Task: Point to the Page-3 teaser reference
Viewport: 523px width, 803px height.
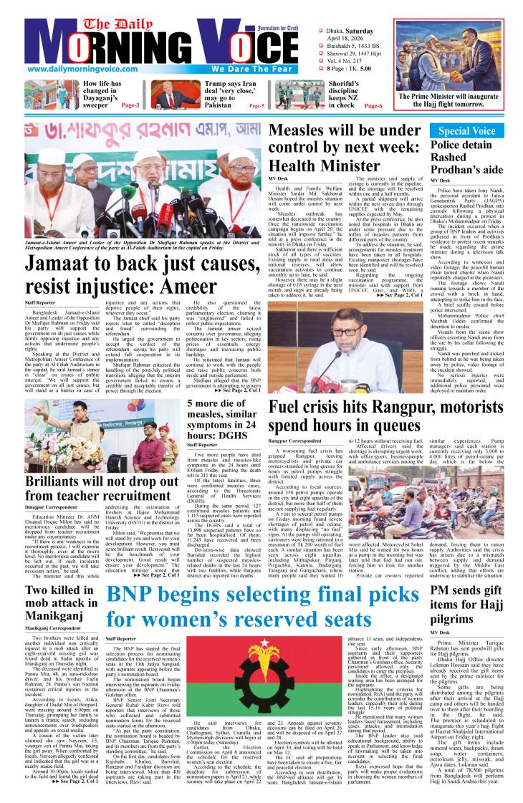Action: click(x=130, y=105)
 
